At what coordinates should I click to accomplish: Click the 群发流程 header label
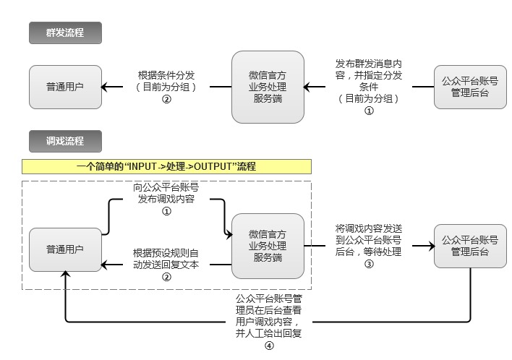(x=65, y=33)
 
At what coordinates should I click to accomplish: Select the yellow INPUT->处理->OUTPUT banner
(x=166, y=166)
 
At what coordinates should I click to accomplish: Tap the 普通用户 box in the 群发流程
(x=65, y=87)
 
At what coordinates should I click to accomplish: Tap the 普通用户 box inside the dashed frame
(x=65, y=250)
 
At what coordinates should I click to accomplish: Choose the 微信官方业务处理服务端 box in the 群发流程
(x=268, y=87)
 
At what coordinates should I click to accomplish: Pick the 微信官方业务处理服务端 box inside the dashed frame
(x=268, y=245)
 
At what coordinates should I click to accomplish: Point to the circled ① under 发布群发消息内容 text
(x=369, y=111)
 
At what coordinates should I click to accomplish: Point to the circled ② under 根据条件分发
(x=166, y=100)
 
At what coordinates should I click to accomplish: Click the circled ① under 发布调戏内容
(x=166, y=212)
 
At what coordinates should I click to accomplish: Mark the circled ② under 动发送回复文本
(x=166, y=277)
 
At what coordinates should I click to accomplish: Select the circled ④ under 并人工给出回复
(x=269, y=346)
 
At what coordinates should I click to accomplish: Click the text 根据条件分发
(x=166, y=74)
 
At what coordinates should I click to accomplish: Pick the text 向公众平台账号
(x=166, y=187)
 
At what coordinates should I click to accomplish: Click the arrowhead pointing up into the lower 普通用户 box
(x=66, y=275)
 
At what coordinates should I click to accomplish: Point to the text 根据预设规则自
(x=166, y=253)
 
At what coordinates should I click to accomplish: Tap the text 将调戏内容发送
(x=369, y=228)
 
